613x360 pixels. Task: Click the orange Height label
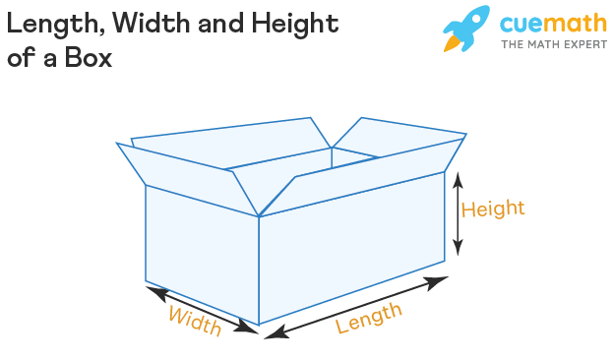pos(493,209)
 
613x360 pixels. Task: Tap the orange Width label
pos(195,321)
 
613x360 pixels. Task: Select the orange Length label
pos(369,318)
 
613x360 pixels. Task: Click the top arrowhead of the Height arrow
pos(458,180)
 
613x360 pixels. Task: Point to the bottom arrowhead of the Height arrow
pos(458,248)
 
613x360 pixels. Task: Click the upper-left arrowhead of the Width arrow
pos(155,292)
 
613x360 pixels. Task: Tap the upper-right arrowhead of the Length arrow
pos(436,282)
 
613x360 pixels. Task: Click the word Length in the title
pos(56,24)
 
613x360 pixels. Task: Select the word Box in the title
pos(89,58)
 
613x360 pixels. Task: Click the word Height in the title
pos(295,24)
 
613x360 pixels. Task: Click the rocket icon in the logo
pos(466,29)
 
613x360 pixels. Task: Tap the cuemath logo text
pos(554,23)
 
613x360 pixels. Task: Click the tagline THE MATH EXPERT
pos(554,44)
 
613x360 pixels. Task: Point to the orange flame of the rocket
pos(451,43)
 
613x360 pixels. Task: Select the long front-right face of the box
pos(352,247)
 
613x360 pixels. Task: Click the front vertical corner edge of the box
pos(259,270)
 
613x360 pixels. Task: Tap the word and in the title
pos(221,24)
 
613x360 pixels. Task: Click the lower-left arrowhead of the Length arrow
pos(276,333)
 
